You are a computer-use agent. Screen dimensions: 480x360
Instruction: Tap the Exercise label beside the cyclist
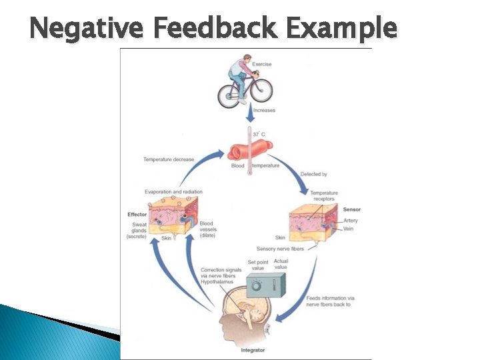click(x=262, y=64)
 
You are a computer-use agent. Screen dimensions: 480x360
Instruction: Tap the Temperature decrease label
click(x=169, y=159)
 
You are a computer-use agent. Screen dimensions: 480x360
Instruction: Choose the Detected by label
click(x=313, y=174)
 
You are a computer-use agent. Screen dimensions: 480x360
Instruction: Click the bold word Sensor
click(x=351, y=209)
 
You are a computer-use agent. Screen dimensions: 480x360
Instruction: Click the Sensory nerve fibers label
click(x=280, y=249)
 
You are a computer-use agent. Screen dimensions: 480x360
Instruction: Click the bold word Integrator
click(x=253, y=349)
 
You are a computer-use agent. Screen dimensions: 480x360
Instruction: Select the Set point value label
click(x=258, y=265)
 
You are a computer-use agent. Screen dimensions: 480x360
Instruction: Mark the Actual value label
click(x=281, y=264)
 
